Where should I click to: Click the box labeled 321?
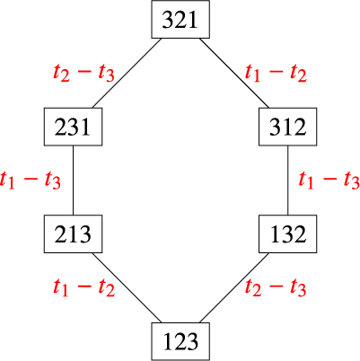[x=180, y=20]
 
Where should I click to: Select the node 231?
[x=73, y=127]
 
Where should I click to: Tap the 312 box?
[x=288, y=127]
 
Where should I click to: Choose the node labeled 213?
[x=73, y=234]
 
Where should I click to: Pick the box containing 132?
[x=288, y=234]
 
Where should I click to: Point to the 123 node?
[x=180, y=341]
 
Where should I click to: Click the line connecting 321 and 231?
[x=127, y=73]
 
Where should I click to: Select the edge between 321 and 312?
[x=234, y=73]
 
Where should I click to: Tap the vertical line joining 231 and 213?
[x=73, y=180]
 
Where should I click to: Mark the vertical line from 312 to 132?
[x=288, y=180]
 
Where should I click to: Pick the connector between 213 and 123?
[x=127, y=288]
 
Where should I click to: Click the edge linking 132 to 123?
[x=234, y=288]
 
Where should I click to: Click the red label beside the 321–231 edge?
[x=83, y=74]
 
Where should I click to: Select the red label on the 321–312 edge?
[x=276, y=74]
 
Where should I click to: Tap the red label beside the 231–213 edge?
[x=31, y=180]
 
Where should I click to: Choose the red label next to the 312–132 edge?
[x=329, y=180]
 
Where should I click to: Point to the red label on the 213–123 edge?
[x=84, y=288]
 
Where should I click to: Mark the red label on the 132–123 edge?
[x=276, y=288]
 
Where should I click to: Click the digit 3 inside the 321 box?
[x=168, y=20]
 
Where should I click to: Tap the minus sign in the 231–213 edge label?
[x=30, y=180]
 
